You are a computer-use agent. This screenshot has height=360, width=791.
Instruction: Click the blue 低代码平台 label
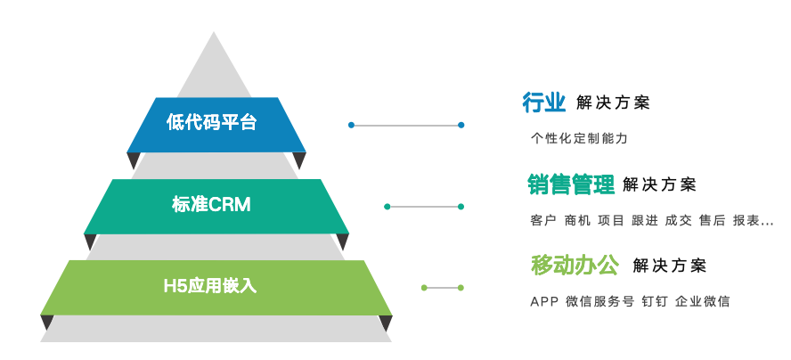[x=212, y=123]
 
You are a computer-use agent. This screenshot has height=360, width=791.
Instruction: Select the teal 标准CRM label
[x=211, y=205]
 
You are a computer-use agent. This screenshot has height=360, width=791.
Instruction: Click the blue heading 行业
[x=544, y=102]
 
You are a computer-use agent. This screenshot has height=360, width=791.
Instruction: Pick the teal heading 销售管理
[x=571, y=184]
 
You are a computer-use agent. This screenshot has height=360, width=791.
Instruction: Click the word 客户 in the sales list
[x=542, y=221]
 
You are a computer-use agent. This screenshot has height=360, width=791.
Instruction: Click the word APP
[x=544, y=301]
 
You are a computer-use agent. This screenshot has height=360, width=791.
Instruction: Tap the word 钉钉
[x=654, y=301]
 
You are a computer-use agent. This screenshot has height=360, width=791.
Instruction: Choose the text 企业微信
[x=702, y=301]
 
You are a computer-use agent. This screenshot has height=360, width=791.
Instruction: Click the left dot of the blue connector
[x=352, y=125]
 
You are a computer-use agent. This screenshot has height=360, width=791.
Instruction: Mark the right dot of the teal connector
[x=461, y=207]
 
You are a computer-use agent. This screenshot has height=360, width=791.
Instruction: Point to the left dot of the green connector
[x=424, y=288]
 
